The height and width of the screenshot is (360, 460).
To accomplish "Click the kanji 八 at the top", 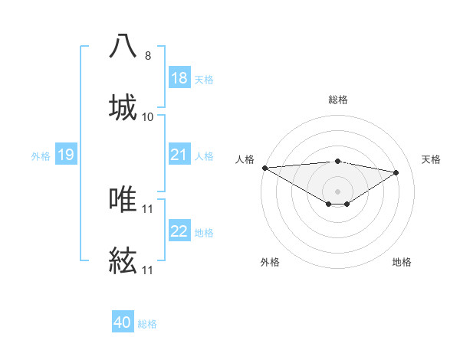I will tap(123, 46).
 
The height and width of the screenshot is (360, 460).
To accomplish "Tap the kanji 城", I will tap(123, 107).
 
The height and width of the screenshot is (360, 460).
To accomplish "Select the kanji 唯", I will tap(123, 199).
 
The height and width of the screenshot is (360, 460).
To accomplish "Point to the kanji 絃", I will tap(123, 260).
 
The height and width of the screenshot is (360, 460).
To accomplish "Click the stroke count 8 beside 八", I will tap(148, 56).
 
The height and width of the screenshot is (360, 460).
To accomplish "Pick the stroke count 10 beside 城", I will tap(148, 117).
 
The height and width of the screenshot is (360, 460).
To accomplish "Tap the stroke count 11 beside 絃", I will tap(148, 270).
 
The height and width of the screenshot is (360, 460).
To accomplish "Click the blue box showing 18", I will tap(179, 78).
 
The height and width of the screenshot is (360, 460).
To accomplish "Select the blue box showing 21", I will tap(179, 155).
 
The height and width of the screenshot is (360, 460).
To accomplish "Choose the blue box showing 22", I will tap(179, 232).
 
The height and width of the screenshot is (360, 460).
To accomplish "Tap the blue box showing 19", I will tap(66, 155).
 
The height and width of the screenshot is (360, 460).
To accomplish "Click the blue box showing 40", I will tap(123, 323).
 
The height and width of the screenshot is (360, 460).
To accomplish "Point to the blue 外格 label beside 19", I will tap(41, 156).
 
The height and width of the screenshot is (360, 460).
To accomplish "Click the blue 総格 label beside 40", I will tap(147, 324).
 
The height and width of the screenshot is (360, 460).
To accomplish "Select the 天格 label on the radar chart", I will tap(432, 159).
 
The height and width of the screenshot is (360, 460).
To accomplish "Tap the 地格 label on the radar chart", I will tap(402, 262).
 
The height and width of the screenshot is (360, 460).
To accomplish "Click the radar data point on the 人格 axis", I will tap(264, 167).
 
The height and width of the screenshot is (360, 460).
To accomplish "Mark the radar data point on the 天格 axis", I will tap(396, 172).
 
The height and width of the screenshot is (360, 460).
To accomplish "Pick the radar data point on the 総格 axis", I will tap(337, 161).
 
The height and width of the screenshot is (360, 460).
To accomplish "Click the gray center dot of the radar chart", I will tap(337, 191).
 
